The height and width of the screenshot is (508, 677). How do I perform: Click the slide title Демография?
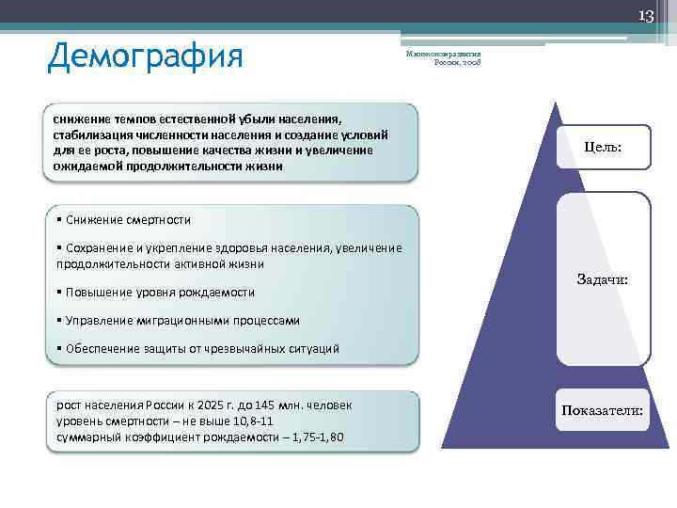[x=145, y=56]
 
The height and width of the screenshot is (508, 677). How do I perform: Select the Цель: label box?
[x=603, y=148]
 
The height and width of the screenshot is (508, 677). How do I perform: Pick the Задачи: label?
[x=603, y=279]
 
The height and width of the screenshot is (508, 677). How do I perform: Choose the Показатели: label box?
[x=603, y=411]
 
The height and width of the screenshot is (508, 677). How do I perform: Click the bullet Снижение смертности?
[x=126, y=220]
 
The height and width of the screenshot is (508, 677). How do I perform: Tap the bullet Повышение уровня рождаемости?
[x=158, y=293]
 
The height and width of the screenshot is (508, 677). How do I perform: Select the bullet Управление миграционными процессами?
[x=181, y=321]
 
